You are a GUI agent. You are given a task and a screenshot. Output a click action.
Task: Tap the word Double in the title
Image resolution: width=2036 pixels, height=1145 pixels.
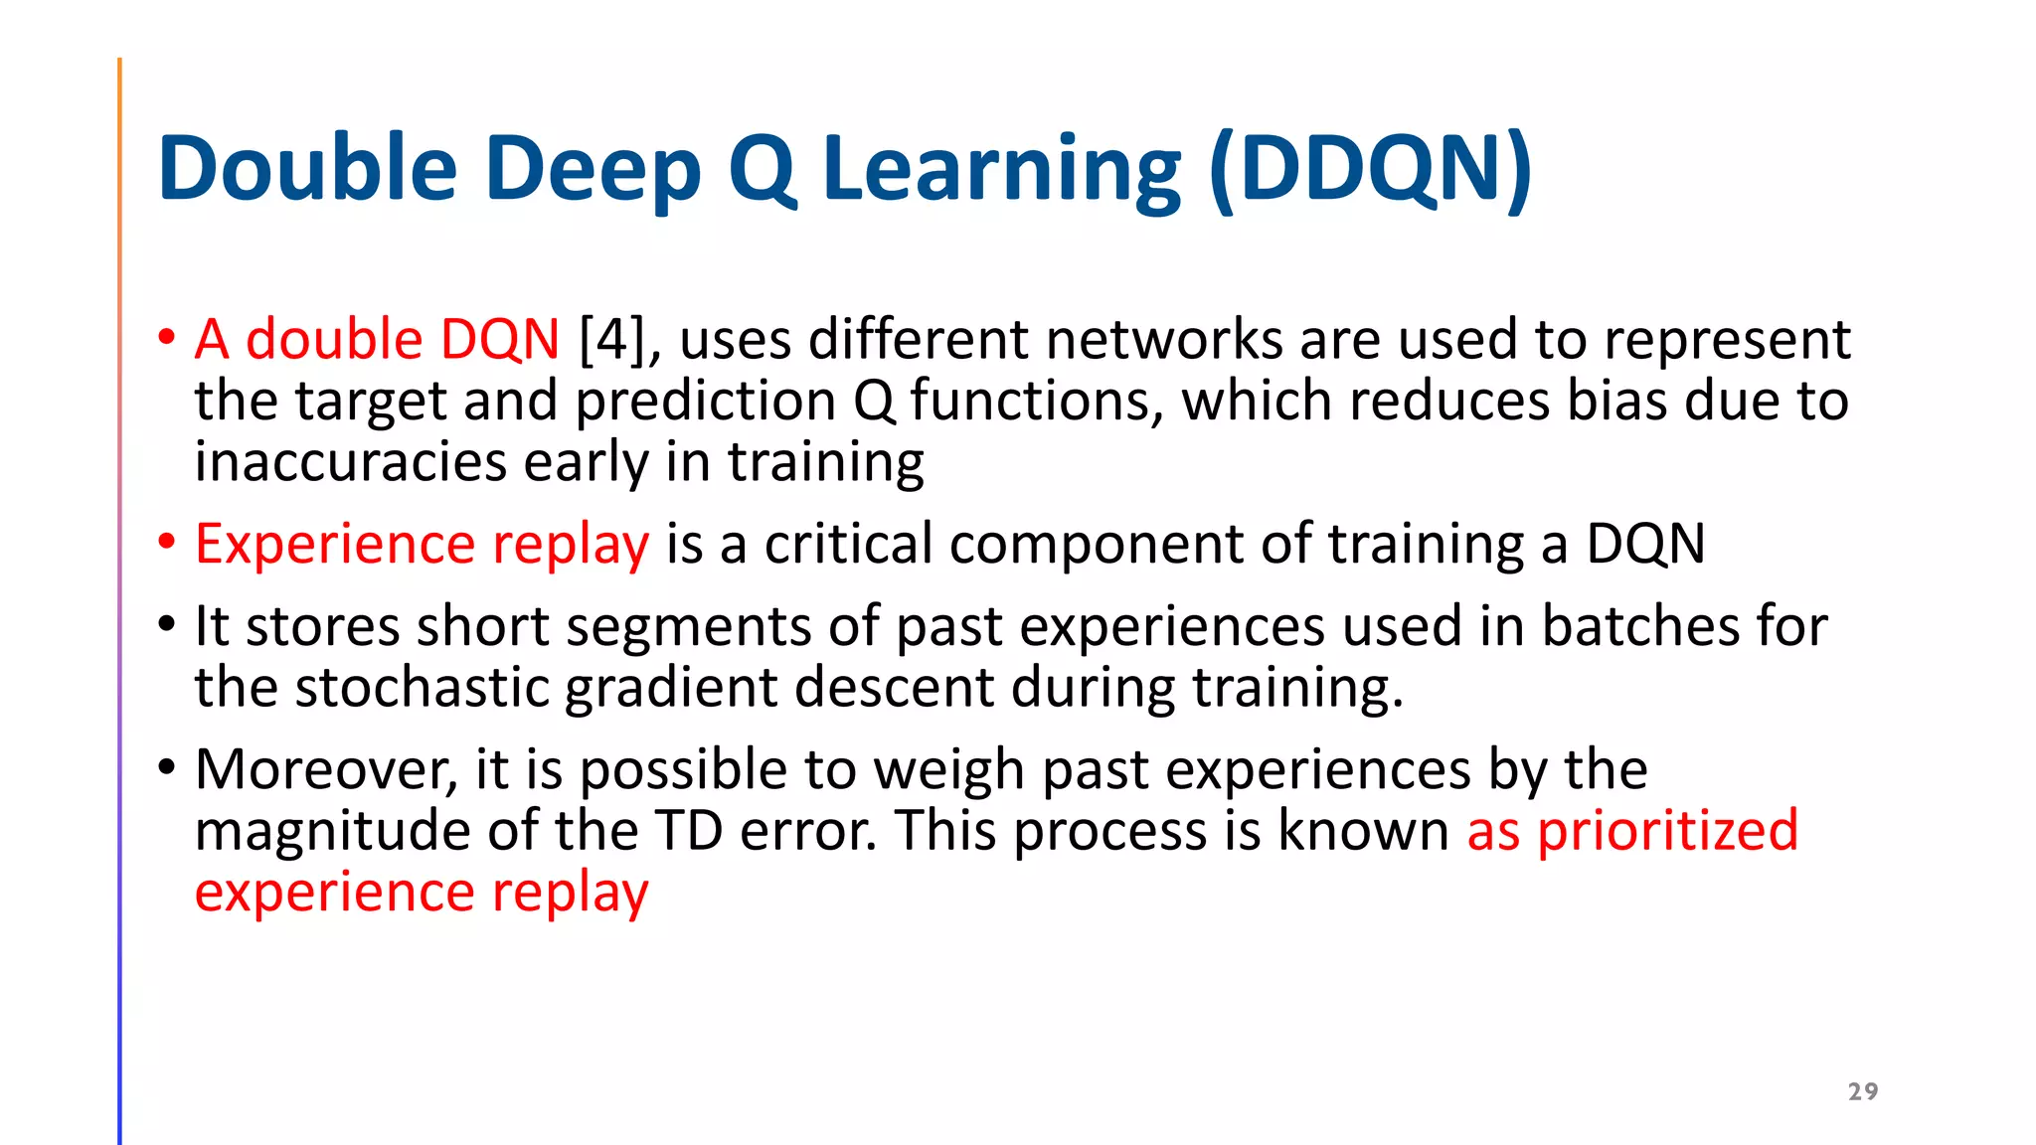pyautogui.click(x=306, y=169)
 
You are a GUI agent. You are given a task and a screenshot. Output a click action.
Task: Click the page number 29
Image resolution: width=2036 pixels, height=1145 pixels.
pyautogui.click(x=1862, y=1091)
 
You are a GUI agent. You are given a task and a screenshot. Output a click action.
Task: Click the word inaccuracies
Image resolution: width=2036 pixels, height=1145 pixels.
pyautogui.click(x=351, y=463)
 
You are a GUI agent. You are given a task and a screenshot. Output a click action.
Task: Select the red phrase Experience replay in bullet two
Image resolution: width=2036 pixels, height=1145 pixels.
pyautogui.click(x=422, y=545)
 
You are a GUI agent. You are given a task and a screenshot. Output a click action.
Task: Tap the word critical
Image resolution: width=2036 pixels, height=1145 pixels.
pyautogui.click(x=848, y=545)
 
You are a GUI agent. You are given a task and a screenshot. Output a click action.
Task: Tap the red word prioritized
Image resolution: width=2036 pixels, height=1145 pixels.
pyautogui.click(x=1667, y=831)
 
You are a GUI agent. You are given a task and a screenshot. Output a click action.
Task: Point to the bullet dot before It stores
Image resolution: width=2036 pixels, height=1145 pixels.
pyautogui.click(x=167, y=625)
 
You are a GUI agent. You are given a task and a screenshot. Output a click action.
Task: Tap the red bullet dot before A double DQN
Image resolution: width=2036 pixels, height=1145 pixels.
pyautogui.click(x=167, y=338)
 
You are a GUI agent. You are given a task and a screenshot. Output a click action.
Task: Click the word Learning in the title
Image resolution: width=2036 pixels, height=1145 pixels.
pyautogui.click(x=1002, y=169)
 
